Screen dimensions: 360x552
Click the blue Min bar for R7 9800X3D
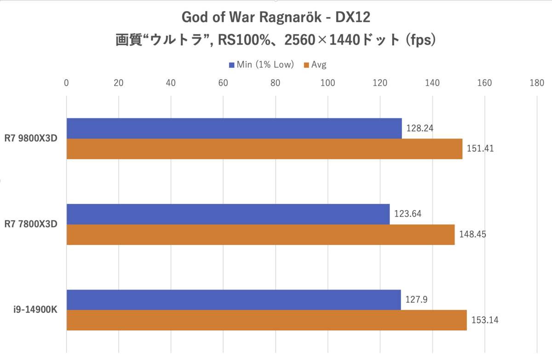234,128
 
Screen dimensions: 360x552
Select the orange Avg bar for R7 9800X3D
264,149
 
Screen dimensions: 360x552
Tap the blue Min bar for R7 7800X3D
228,214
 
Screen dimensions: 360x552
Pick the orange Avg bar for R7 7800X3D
260,234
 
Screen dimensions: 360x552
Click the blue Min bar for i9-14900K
234,300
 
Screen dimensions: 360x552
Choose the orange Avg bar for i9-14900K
267,320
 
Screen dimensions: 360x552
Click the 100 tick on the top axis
328,83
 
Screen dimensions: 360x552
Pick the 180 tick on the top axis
537,83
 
